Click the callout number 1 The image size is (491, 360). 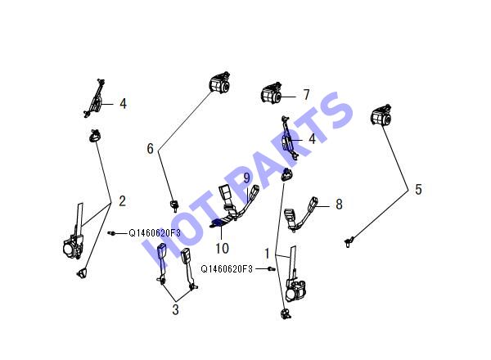[x=267, y=254]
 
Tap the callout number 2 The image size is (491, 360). [x=122, y=200]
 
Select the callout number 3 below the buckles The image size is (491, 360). [x=175, y=309]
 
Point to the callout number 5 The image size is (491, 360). [x=418, y=189]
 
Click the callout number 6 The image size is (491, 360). [x=151, y=148]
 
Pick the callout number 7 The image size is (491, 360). [x=306, y=95]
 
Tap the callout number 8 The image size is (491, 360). [x=339, y=204]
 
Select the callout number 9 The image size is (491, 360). [x=247, y=178]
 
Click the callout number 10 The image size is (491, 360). [x=222, y=248]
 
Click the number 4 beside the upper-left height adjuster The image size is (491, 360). [x=123, y=104]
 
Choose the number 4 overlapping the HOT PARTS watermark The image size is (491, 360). [x=312, y=139]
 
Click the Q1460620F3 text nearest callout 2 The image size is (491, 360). [x=155, y=233]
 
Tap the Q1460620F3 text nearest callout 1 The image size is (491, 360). [x=227, y=269]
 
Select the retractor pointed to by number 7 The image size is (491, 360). [x=271, y=93]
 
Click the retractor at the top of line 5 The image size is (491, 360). [x=381, y=115]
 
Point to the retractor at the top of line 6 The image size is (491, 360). [x=219, y=83]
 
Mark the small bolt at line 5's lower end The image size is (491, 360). [x=349, y=241]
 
